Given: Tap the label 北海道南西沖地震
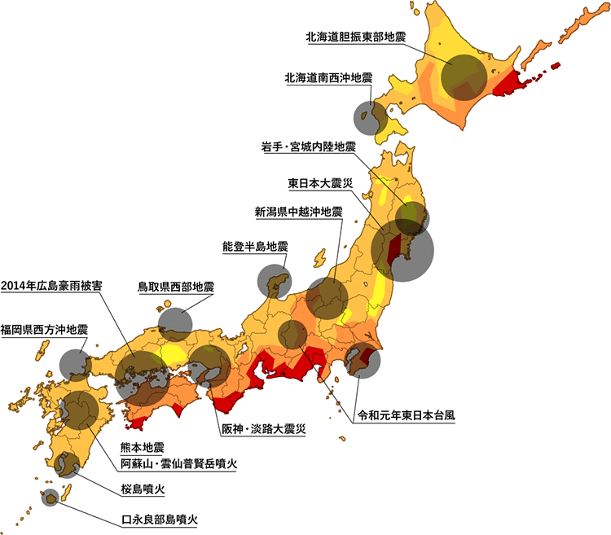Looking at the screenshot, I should [x=328, y=78].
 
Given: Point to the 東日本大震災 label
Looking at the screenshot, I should [x=320, y=182].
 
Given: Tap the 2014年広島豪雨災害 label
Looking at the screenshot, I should [x=51, y=286].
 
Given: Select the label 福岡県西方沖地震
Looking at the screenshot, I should [x=44, y=330].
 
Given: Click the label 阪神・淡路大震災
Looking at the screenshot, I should [x=262, y=429].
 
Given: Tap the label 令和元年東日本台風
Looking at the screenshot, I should [x=407, y=414].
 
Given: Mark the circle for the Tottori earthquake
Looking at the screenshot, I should [x=175, y=323].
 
